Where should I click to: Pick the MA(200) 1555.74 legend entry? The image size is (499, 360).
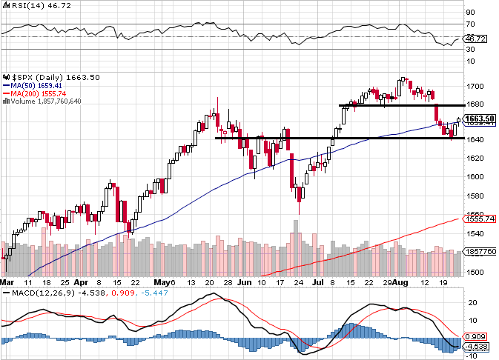pos(36,93)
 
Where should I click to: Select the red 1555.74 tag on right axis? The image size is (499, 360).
pos(477,219)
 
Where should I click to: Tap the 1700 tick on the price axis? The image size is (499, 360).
pos(475,86)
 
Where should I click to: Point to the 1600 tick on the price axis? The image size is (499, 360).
pos(475,176)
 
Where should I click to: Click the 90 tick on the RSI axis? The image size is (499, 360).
pos(470,13)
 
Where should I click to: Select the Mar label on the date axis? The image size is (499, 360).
pos(7,282)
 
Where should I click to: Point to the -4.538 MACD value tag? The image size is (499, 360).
pos(476,345)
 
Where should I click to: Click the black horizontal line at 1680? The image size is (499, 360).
pos(400,105)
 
